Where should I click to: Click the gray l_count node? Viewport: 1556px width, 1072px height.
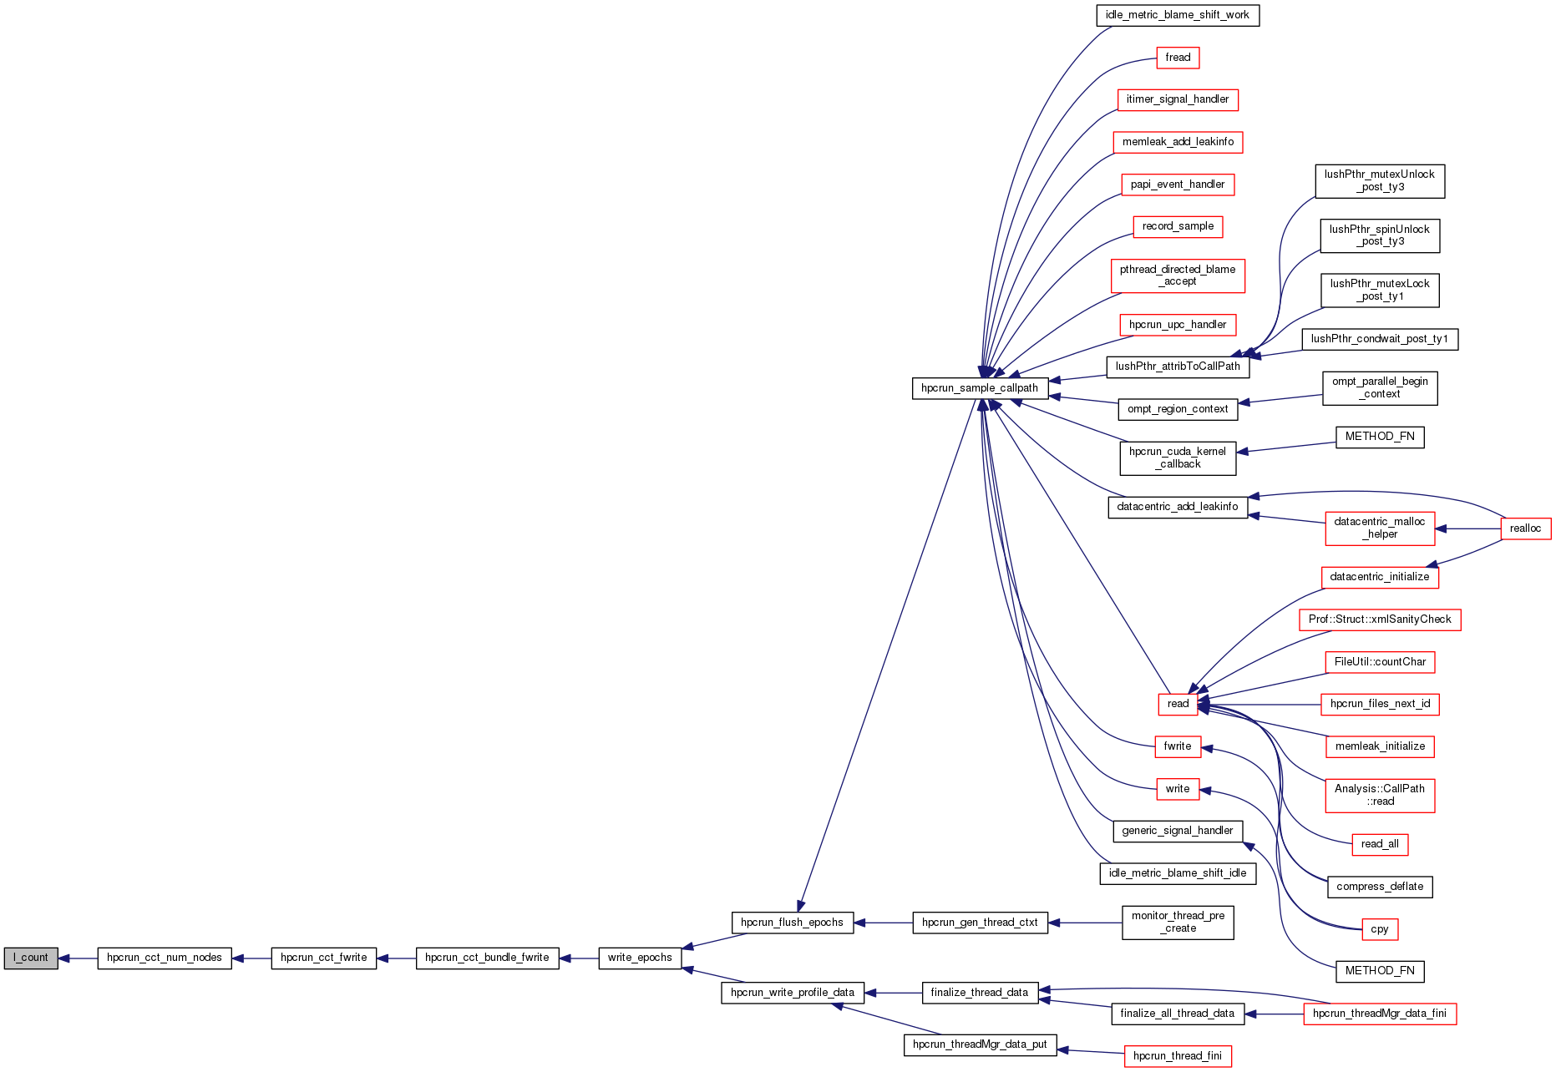31,958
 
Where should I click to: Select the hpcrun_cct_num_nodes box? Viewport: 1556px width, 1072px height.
165,958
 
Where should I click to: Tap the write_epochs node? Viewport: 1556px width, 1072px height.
640,958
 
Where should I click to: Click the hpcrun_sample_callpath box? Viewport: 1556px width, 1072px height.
980,388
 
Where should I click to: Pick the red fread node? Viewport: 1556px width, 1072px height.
1178,58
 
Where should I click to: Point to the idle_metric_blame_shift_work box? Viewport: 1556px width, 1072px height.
1177,15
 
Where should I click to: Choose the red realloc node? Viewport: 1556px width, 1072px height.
1525,528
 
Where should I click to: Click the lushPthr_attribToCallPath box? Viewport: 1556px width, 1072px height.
1178,367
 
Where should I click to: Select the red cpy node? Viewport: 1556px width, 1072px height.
1379,929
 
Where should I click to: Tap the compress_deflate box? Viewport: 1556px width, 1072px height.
1380,887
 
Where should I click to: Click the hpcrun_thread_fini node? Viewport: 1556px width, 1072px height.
1177,1056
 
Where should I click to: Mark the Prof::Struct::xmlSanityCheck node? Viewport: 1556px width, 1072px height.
1380,619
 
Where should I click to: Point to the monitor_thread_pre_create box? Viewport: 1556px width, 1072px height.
1178,923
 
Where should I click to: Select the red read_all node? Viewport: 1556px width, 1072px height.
1380,844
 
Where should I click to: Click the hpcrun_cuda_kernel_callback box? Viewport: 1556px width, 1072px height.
1178,458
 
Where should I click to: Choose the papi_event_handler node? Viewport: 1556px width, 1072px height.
1178,185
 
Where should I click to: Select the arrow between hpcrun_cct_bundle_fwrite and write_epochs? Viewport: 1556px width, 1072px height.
579,958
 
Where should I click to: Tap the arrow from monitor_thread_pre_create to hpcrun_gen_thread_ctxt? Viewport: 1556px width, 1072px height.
1084,923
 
